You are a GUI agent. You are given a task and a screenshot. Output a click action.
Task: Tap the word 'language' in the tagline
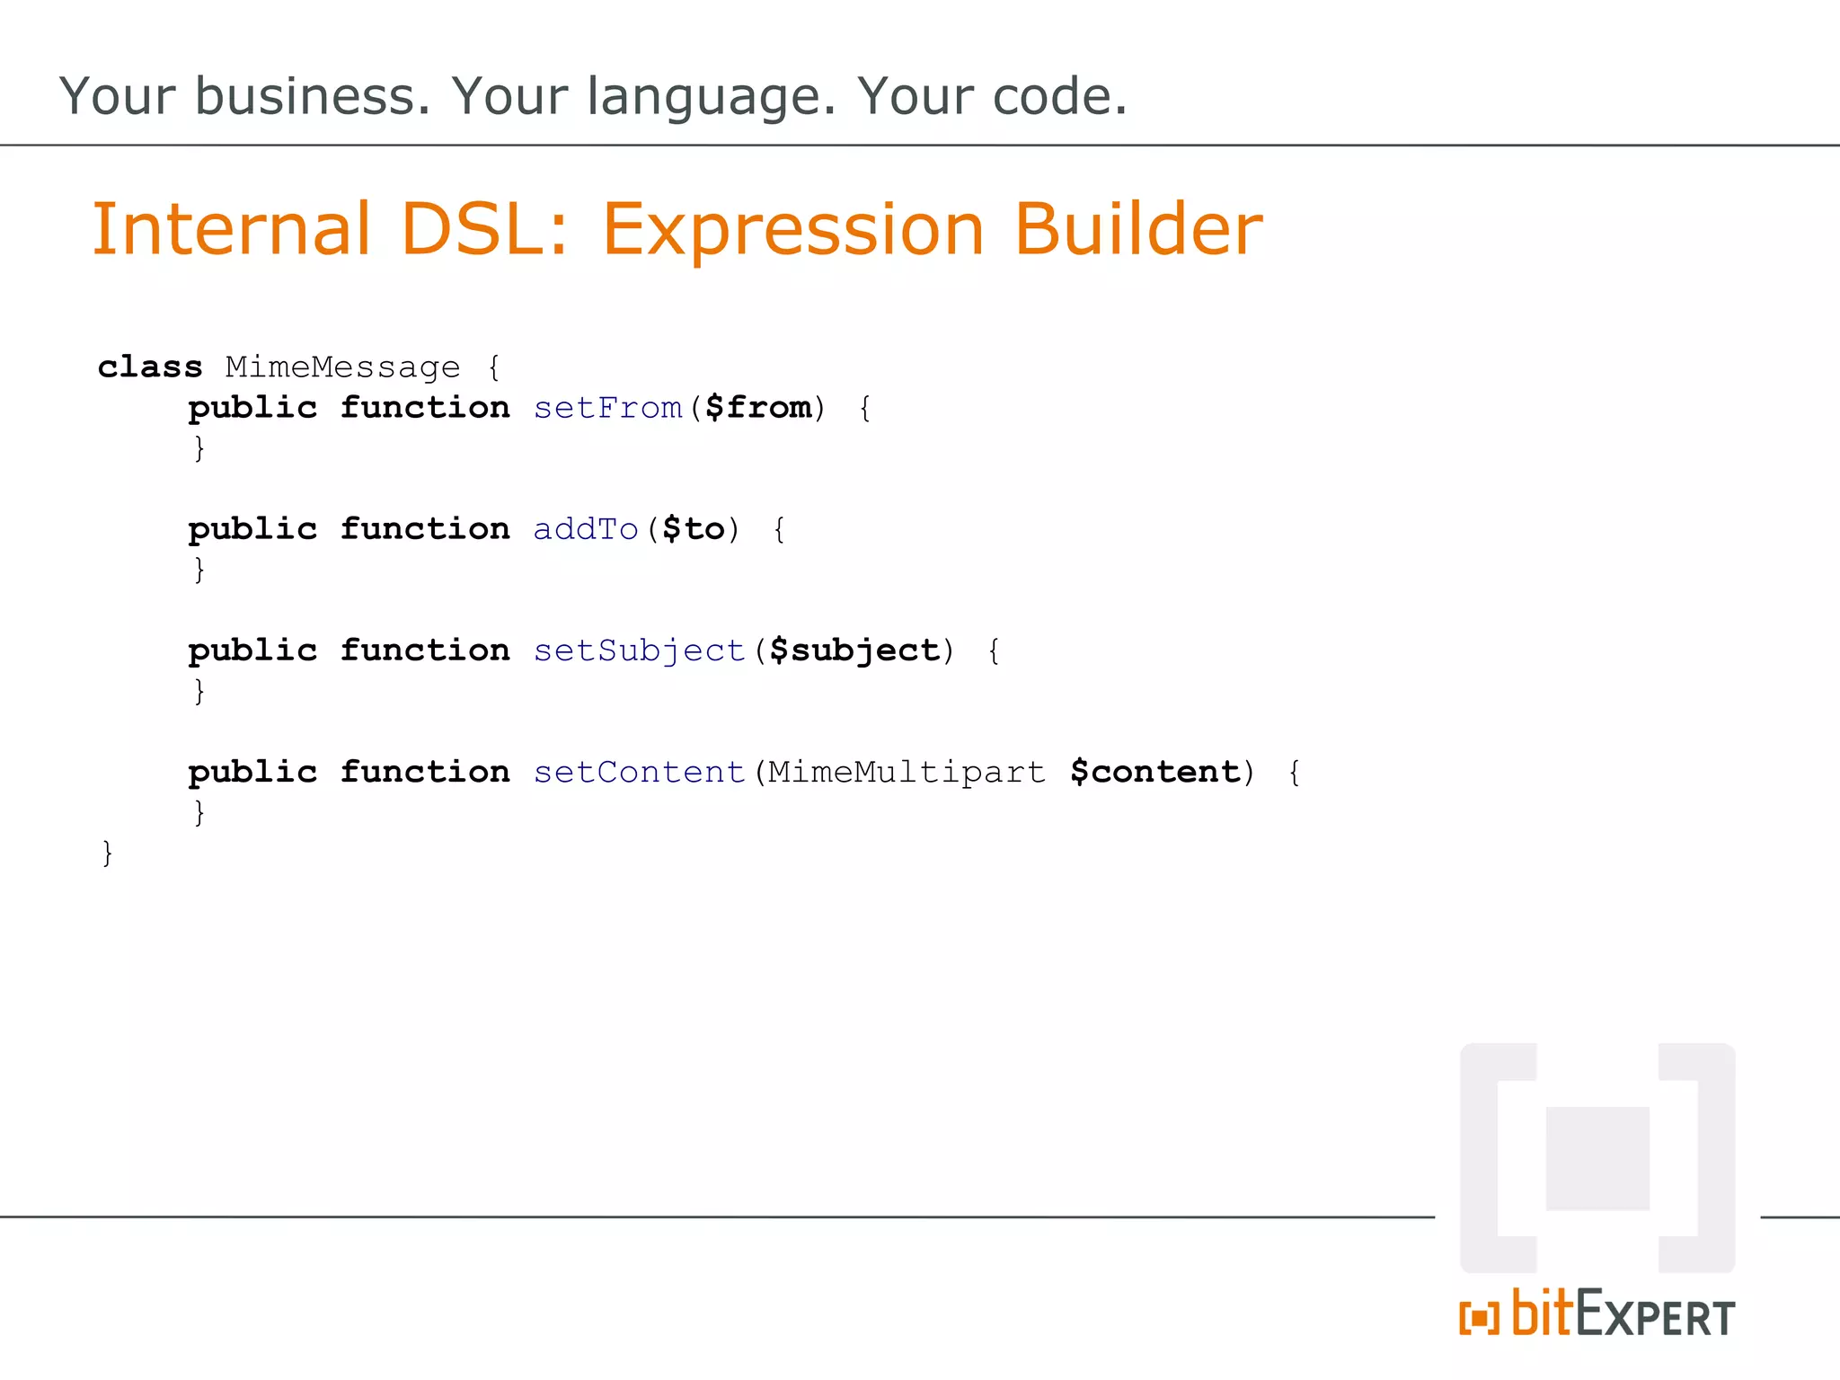pyautogui.click(x=711, y=98)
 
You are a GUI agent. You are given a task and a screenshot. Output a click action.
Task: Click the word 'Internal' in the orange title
pyautogui.click(x=232, y=229)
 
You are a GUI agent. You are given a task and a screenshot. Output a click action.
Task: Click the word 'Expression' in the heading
pyautogui.click(x=792, y=231)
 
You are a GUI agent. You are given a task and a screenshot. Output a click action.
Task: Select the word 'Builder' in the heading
pyautogui.click(x=1137, y=229)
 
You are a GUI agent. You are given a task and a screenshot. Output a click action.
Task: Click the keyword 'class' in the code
pyautogui.click(x=150, y=367)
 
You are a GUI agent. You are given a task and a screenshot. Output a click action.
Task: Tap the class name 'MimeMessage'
pyautogui.click(x=342, y=368)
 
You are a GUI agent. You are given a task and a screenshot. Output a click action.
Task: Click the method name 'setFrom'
pyautogui.click(x=608, y=408)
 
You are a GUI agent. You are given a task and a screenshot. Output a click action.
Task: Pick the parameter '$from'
pyautogui.click(x=758, y=408)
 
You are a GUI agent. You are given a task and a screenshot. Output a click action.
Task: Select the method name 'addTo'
pyautogui.click(x=586, y=529)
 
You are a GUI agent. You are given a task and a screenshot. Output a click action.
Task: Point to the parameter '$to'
pyautogui.click(x=693, y=529)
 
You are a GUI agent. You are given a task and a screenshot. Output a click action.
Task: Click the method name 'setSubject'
pyautogui.click(x=640, y=650)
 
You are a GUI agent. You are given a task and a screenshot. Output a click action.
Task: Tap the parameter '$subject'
pyautogui.click(x=854, y=651)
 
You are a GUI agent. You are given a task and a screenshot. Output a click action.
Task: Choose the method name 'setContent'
pyautogui.click(x=640, y=773)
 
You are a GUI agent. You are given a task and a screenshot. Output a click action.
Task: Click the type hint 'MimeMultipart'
pyautogui.click(x=906, y=773)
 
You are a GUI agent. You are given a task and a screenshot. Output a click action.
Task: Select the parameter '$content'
pyautogui.click(x=1155, y=773)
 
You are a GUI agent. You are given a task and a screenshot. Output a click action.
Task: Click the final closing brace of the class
pyautogui.click(x=108, y=853)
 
